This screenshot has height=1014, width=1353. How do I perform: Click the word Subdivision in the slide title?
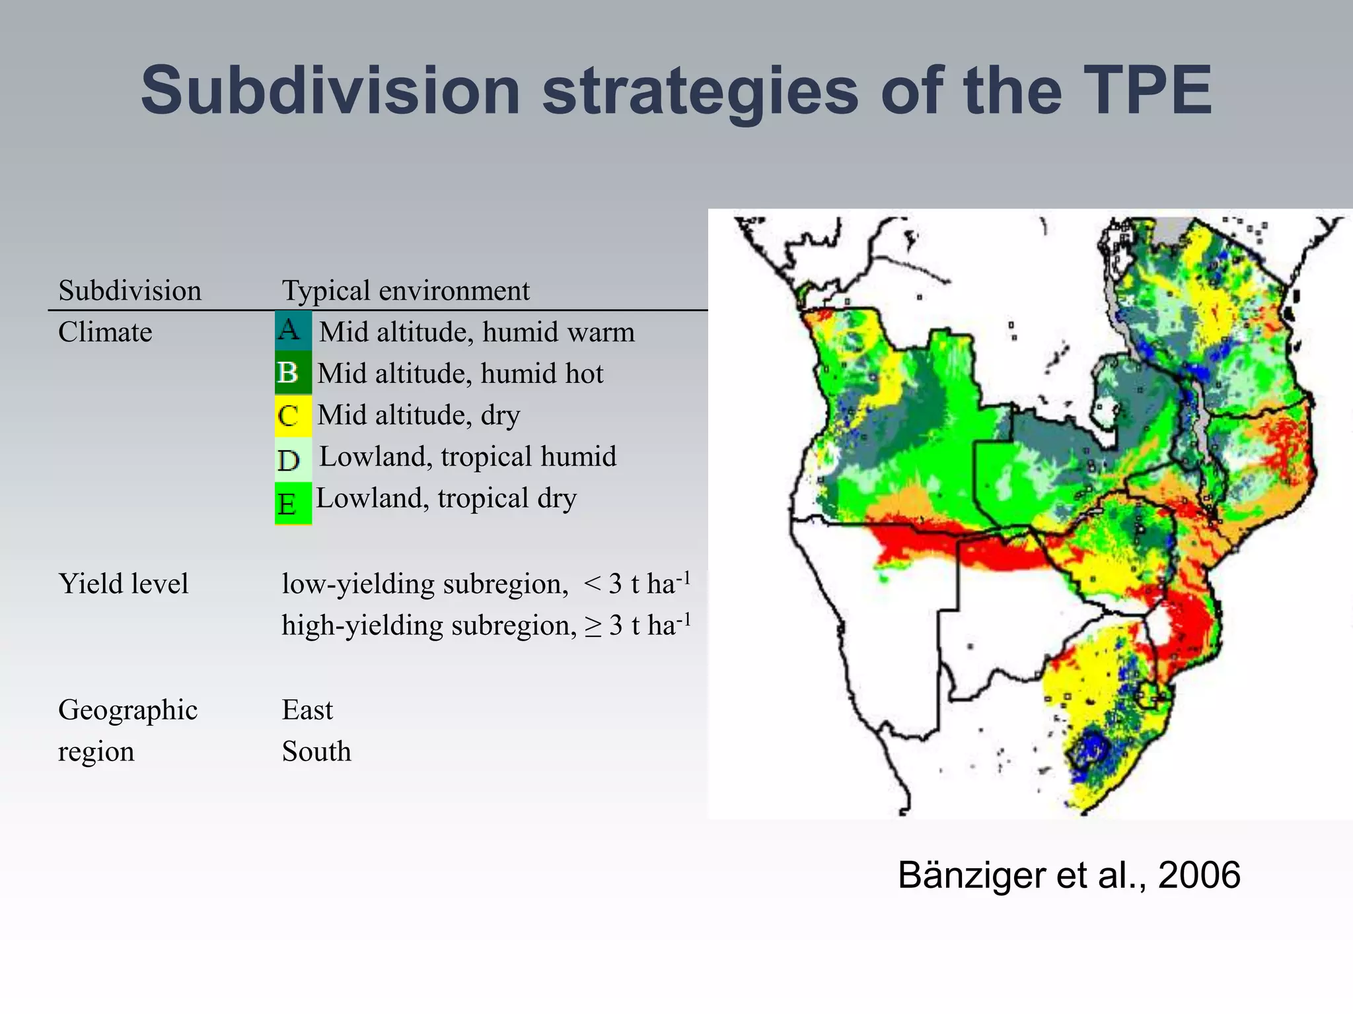click(x=330, y=91)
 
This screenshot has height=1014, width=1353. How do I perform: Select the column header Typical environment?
click(x=406, y=290)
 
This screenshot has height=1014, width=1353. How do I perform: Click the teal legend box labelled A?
click(x=293, y=330)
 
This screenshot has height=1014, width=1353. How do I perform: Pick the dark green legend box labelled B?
click(x=293, y=373)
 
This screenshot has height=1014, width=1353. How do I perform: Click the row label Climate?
click(x=105, y=332)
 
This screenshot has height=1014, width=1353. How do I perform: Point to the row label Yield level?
click(x=124, y=584)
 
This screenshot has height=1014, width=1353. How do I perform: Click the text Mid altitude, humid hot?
click(x=460, y=374)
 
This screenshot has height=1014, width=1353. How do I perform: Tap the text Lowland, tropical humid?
click(x=468, y=457)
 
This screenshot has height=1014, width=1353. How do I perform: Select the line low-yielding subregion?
click(x=486, y=584)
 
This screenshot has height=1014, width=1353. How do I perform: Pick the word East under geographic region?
click(x=307, y=710)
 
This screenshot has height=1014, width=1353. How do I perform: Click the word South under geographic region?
click(x=316, y=752)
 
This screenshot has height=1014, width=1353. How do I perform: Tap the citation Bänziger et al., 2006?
click(x=1068, y=875)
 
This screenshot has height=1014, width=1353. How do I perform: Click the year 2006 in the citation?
click(x=1198, y=875)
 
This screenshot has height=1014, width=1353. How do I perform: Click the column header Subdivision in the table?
click(x=129, y=290)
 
